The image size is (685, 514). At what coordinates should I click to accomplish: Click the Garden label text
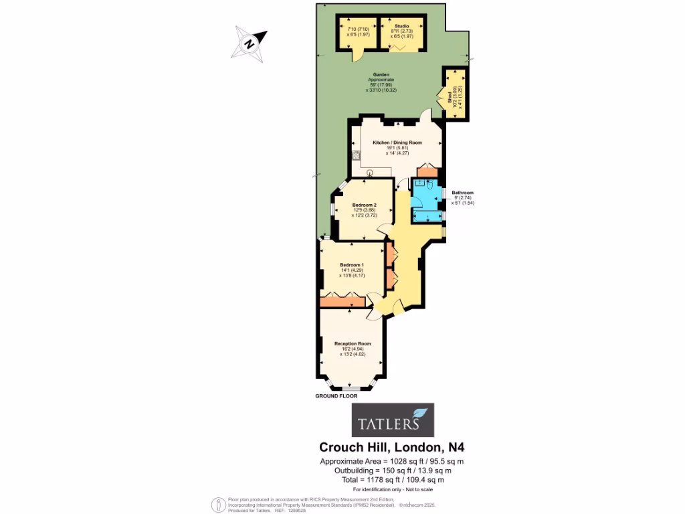pos(381,75)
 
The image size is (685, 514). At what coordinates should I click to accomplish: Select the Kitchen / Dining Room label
pos(397,143)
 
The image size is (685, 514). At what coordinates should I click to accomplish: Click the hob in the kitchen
pos(356,155)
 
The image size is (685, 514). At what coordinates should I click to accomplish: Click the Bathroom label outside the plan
pos(463,193)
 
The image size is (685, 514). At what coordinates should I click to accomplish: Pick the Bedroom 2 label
pos(365,205)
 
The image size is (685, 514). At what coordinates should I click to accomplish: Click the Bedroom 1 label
pos(352,264)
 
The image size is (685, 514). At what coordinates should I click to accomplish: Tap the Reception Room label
pos(353,343)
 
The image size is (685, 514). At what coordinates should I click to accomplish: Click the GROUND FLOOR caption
pos(336,396)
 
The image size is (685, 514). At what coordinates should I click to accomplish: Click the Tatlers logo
pos(393,420)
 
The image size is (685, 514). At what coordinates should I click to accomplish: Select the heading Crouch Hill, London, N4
pos(392,448)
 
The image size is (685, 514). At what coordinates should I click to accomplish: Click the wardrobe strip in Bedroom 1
pos(342,303)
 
